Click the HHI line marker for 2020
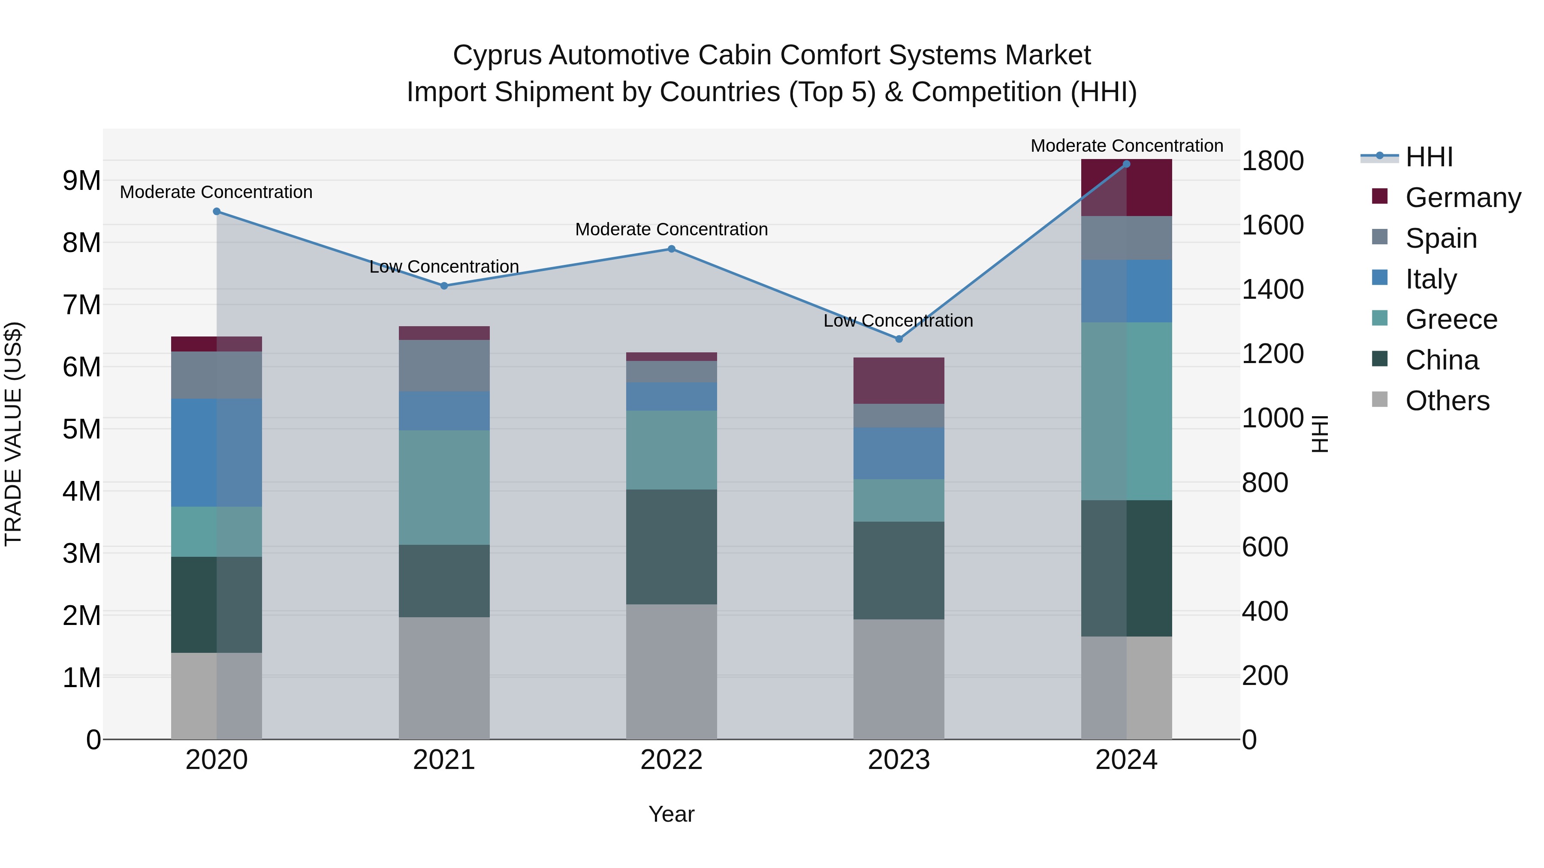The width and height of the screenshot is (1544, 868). [217, 211]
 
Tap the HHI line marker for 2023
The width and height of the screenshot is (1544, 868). [899, 339]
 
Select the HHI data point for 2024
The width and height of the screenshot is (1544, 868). [1126, 164]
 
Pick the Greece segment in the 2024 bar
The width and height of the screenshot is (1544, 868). [1126, 411]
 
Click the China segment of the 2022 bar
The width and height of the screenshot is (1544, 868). [671, 547]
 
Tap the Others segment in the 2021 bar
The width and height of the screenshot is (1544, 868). [444, 678]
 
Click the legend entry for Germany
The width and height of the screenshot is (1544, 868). [1463, 198]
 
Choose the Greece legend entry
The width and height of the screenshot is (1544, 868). [1451, 319]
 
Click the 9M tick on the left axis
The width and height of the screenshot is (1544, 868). [81, 181]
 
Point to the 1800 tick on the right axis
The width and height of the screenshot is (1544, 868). [1273, 161]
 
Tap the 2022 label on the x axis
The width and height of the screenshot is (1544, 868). [671, 760]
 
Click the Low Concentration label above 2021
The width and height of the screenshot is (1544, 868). [444, 267]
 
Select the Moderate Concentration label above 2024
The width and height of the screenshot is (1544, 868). [1126, 146]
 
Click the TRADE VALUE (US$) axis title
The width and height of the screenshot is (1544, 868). [13, 434]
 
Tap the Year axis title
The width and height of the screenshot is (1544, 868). [671, 814]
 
